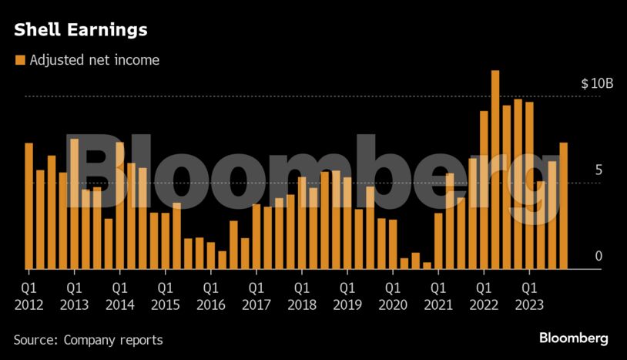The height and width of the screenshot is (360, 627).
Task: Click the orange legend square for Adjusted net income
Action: tap(20, 60)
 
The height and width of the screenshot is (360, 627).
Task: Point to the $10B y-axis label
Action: tap(597, 83)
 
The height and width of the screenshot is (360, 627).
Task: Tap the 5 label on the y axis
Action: tap(598, 170)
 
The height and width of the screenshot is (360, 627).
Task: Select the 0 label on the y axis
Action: tap(598, 257)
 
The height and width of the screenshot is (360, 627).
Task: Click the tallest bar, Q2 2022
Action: tap(495, 170)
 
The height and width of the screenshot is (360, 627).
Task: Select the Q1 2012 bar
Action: tap(28, 206)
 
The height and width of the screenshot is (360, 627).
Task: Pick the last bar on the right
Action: tap(564, 206)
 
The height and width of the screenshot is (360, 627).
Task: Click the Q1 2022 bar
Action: tap(484, 190)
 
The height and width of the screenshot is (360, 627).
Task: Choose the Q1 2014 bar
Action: tap(119, 205)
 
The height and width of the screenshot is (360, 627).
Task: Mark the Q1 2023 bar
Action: tap(529, 185)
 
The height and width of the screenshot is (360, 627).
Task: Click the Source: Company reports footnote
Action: tap(88, 339)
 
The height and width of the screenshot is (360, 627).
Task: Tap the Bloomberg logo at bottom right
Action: tap(573, 338)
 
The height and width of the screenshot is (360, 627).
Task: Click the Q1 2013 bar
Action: tap(74, 204)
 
